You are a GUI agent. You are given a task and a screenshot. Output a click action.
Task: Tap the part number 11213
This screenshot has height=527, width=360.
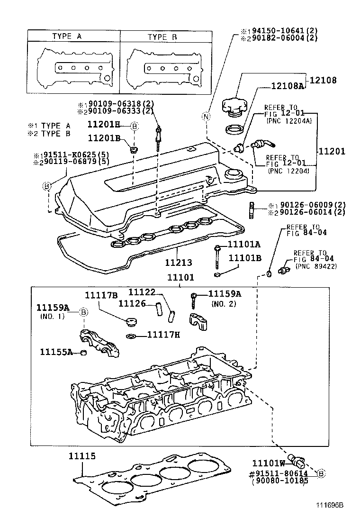point(179,262)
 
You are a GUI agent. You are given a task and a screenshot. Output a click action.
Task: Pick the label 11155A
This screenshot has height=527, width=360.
point(56,352)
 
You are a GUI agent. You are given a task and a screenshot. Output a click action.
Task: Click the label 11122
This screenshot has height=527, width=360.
point(143,293)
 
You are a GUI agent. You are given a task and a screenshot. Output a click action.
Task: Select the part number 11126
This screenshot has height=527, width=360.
point(131,302)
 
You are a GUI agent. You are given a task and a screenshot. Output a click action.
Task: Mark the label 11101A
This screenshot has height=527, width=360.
point(244,245)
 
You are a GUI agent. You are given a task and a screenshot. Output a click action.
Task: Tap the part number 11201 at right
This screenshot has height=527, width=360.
point(332,152)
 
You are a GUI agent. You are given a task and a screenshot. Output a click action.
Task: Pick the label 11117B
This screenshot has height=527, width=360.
point(101,295)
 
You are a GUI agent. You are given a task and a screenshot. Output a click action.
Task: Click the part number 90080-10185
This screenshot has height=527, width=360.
point(279,481)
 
